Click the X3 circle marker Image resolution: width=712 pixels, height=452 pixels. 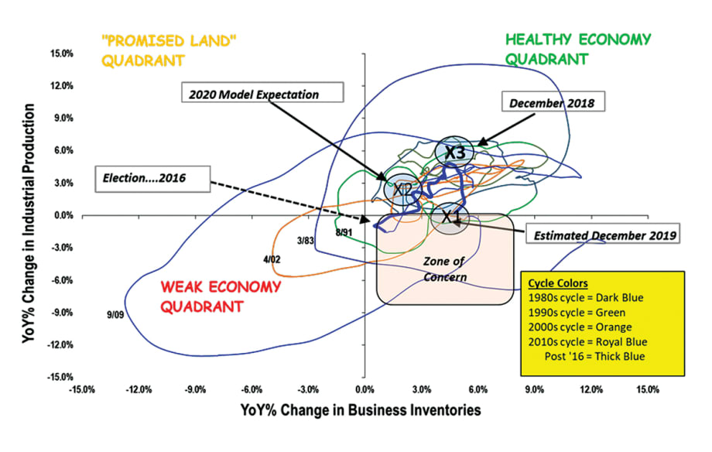point(455,152)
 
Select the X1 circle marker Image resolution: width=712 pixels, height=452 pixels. point(450,218)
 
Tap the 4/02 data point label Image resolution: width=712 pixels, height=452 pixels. point(272,259)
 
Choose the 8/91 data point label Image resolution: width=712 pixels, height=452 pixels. point(344,232)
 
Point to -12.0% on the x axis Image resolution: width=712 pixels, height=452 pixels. point(138,389)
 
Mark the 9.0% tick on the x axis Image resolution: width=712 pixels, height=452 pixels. point(534,389)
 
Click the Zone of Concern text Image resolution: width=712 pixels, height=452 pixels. point(443,270)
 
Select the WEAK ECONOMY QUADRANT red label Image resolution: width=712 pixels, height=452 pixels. point(221,296)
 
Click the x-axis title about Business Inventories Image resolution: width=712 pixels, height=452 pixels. point(361,409)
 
